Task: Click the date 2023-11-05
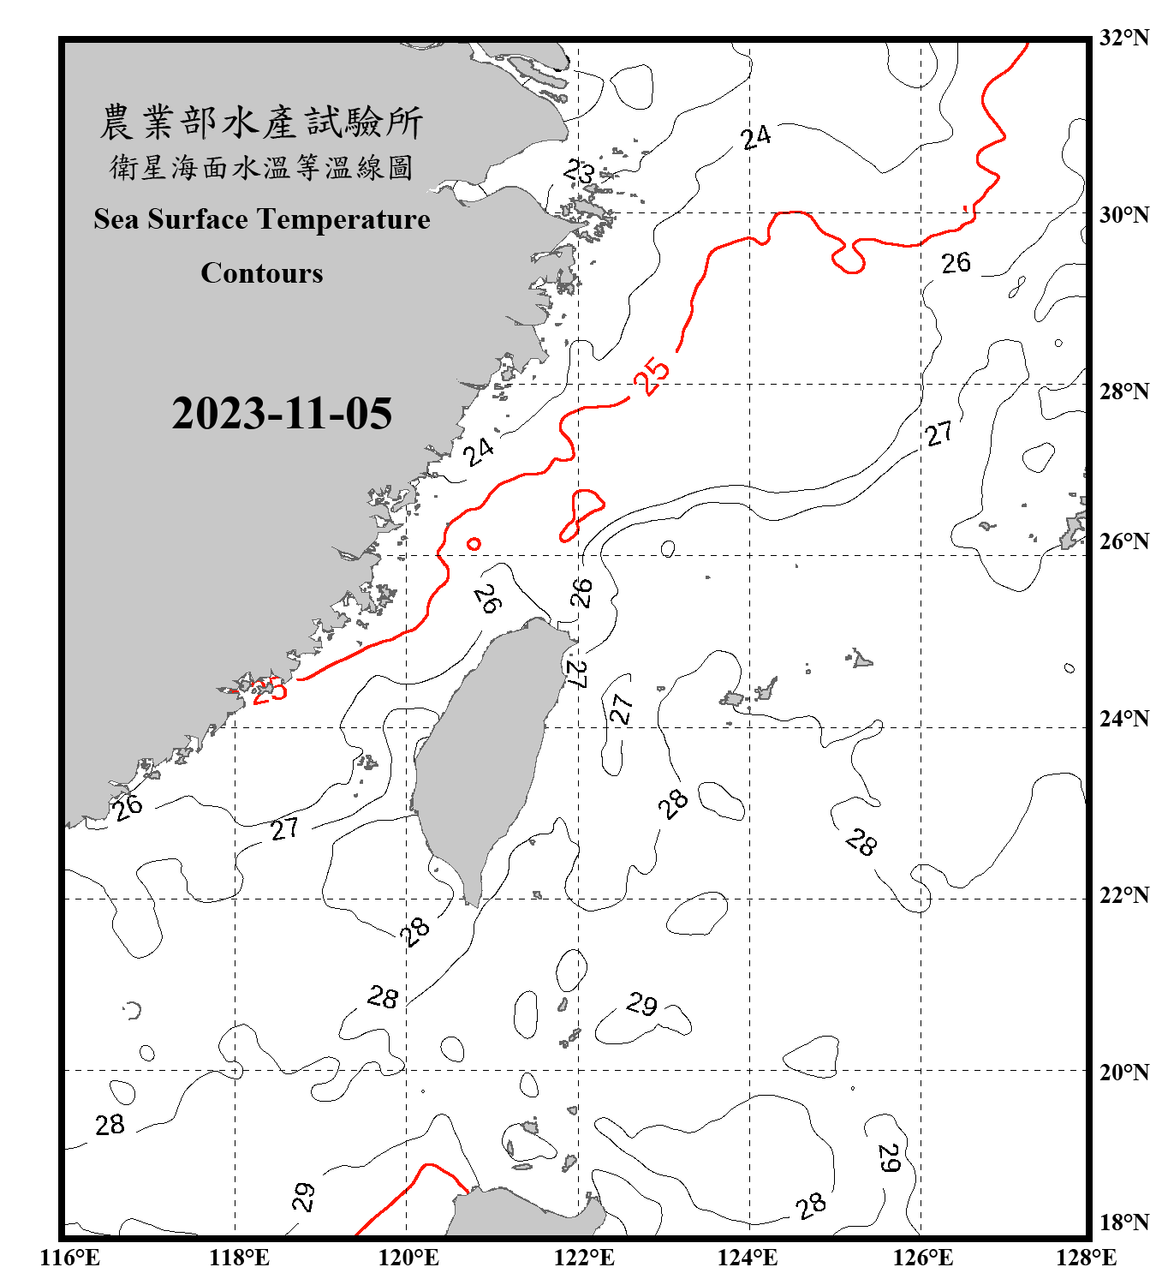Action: (282, 414)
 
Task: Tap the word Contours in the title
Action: (262, 273)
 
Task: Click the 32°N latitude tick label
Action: (1123, 38)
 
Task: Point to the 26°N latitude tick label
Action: (1123, 541)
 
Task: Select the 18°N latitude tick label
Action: (1123, 1222)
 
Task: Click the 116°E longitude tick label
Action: (70, 1258)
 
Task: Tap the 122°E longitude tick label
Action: (584, 1258)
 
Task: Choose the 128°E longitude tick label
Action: (1086, 1258)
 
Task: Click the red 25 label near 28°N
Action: (652, 376)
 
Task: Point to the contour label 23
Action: (580, 172)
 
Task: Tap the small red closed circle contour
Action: (474, 543)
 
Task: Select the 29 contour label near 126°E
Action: (889, 1158)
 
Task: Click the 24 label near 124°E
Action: (756, 137)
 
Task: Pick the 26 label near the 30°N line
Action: (956, 263)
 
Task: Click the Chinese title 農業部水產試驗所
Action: (262, 123)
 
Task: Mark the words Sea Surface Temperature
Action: (262, 219)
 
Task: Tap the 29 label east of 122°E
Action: (642, 1003)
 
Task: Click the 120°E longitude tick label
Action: (408, 1258)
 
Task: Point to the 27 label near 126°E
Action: (939, 433)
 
